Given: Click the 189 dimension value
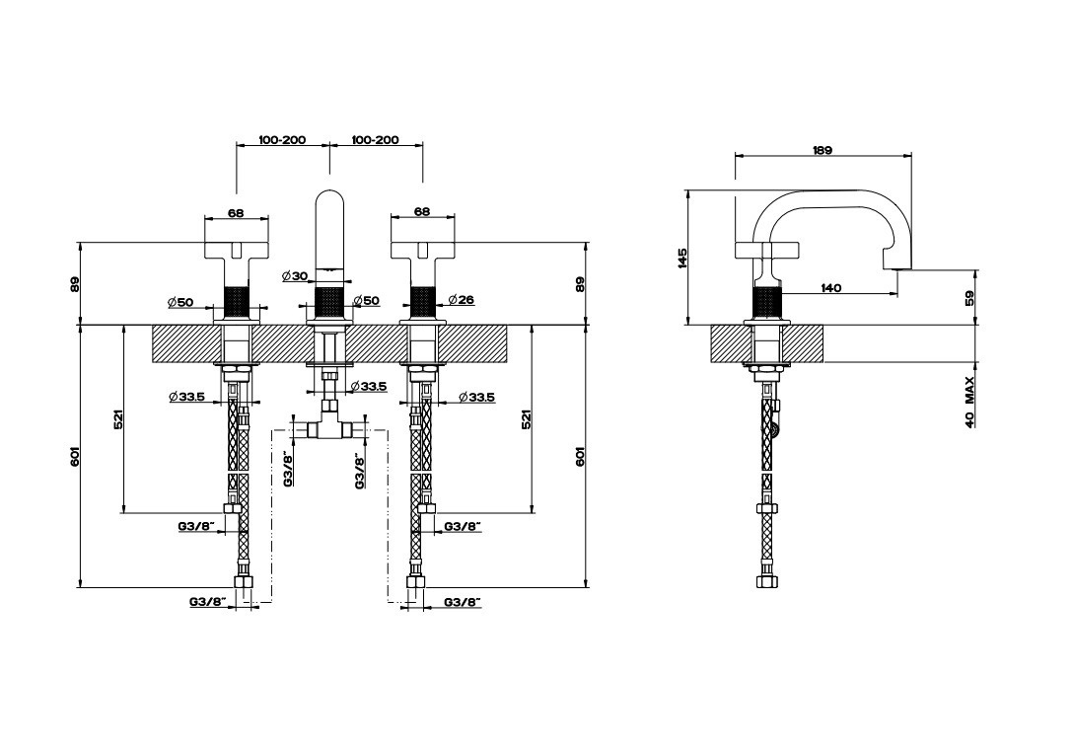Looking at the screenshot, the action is point(823,151).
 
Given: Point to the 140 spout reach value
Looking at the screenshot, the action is point(830,288).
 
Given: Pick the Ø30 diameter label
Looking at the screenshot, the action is point(295,276).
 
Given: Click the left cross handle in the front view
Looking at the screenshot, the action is point(236,251).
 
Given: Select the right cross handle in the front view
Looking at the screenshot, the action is point(421,251).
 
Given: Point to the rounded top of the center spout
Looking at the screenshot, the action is point(330,195).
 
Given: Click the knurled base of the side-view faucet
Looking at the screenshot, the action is point(766,304).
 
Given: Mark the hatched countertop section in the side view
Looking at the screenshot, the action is point(768,343).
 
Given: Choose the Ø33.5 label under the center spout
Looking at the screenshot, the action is point(369,386).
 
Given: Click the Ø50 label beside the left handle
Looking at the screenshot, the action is point(180,302).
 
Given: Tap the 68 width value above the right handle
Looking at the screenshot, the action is point(422,211).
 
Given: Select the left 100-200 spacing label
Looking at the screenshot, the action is point(282,140).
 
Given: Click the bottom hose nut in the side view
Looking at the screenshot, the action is point(766,581).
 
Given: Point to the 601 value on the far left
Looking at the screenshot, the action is point(75,457).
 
